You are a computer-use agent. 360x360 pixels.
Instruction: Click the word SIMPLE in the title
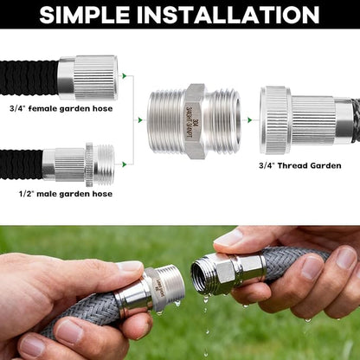click(x=94, y=15)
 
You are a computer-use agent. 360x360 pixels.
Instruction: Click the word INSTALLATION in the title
click(x=237, y=15)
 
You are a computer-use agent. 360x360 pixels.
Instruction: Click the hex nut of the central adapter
click(x=194, y=120)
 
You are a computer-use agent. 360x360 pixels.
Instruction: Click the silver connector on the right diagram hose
click(x=299, y=120)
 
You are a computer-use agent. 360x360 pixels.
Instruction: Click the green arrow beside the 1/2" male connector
click(x=125, y=164)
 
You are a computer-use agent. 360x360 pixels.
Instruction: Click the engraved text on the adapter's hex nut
click(x=195, y=120)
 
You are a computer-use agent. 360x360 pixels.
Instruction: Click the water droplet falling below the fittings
click(x=205, y=310)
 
